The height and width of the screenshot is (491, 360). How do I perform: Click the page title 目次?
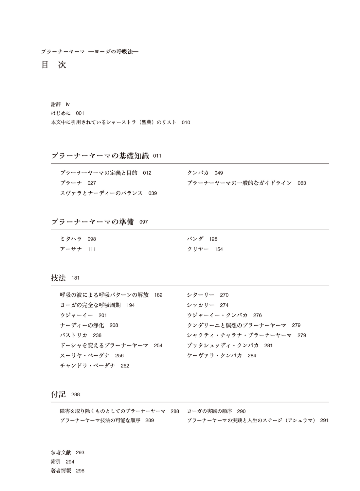point(54,65)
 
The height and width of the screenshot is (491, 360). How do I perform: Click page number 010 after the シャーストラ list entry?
point(186,123)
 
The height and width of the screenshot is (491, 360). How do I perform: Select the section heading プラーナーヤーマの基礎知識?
point(100,156)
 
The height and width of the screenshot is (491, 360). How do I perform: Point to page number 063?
point(301,183)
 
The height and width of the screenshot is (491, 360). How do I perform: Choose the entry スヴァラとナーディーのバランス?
point(101,193)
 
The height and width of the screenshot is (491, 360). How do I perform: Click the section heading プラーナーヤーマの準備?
point(93,222)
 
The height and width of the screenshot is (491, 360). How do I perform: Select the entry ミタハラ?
point(71,239)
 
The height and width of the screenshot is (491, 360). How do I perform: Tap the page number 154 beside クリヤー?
point(219,249)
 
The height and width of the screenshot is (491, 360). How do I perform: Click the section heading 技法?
point(59,278)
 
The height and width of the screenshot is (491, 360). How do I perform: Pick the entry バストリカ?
point(74,335)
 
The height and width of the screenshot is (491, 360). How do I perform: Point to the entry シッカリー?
point(201,305)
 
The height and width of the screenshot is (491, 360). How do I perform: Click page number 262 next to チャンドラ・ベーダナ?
point(125,366)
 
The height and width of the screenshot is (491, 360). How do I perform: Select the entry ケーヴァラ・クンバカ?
point(214,356)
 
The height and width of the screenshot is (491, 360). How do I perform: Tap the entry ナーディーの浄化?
point(82,325)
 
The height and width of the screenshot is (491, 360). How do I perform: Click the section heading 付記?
point(59,394)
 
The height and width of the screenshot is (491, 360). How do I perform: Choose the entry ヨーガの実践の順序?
point(209,411)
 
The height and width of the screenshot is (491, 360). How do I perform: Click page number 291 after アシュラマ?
point(324,421)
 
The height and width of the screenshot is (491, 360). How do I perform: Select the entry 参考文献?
point(61,453)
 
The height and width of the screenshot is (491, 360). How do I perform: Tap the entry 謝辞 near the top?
point(56,104)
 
